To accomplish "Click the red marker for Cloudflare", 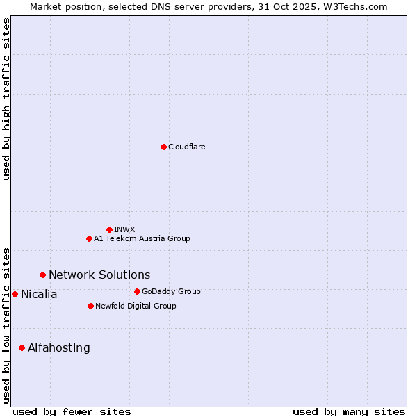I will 163,147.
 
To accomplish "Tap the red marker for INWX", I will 109,229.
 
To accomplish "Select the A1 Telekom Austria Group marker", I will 89,238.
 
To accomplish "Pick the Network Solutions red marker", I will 42,275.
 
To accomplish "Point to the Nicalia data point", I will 15,294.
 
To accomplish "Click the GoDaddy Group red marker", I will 137,291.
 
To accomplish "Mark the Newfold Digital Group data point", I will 90,306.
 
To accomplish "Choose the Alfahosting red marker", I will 22,347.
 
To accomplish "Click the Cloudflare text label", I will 186,147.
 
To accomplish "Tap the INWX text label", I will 124,229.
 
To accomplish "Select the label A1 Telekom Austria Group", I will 142,238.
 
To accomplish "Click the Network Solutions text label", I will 99,275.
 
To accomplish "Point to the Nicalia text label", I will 39,294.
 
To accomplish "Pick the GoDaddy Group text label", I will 171,291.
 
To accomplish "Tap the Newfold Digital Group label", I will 136,306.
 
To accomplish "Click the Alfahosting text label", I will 59,347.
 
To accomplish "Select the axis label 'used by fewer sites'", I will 72,411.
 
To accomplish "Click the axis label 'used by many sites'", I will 349,411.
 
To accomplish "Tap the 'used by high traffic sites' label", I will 6,99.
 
